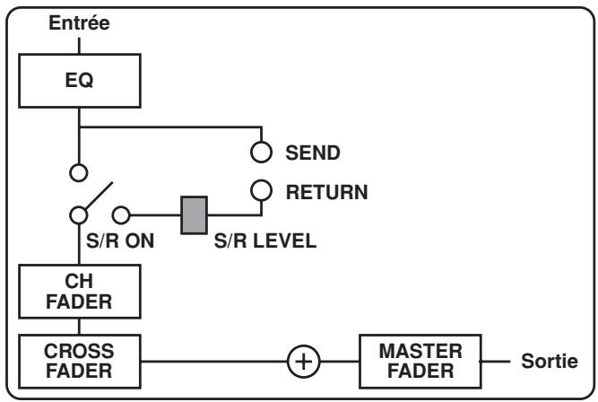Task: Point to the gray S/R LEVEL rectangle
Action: [195, 214]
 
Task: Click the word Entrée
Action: [79, 24]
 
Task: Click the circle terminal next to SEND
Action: [261, 153]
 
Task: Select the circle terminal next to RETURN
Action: [261, 189]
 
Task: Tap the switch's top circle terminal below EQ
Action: [79, 170]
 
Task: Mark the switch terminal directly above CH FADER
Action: [79, 214]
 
